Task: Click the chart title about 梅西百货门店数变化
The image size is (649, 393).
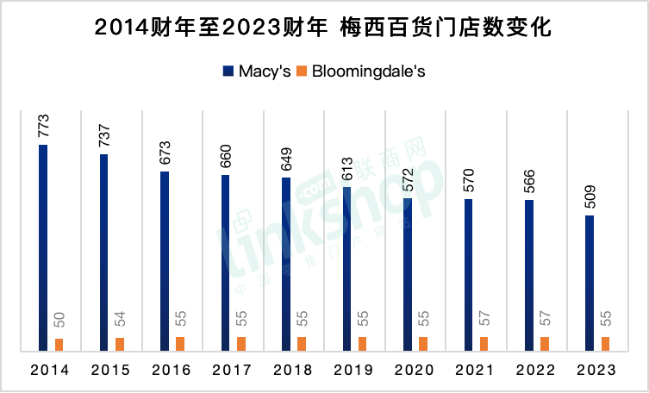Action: (x=323, y=28)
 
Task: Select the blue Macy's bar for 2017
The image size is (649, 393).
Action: (x=225, y=263)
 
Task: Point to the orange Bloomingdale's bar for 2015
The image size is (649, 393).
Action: (x=119, y=344)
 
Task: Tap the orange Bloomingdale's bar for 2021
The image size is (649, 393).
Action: (x=484, y=344)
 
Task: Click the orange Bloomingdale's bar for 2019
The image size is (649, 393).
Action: (x=362, y=344)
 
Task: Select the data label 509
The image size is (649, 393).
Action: (x=590, y=198)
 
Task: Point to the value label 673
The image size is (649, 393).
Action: (x=165, y=154)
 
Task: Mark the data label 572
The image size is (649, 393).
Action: (x=408, y=182)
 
